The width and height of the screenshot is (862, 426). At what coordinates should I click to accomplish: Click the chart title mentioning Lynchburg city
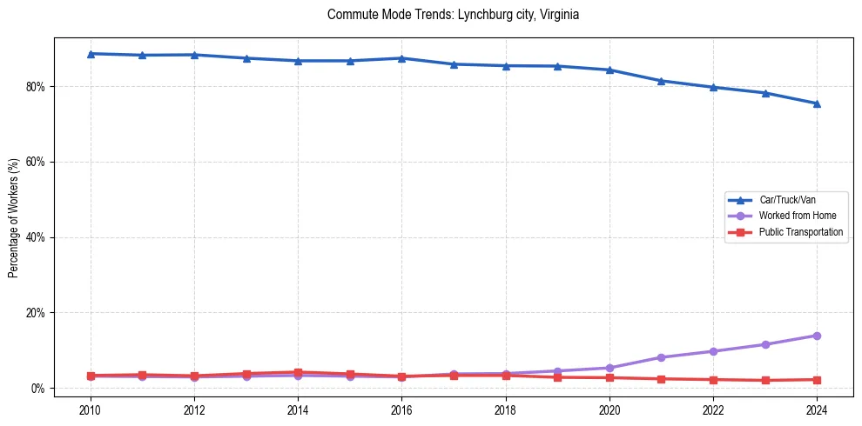pos(453,15)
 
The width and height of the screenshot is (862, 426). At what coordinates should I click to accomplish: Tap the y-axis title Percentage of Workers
pos(14,218)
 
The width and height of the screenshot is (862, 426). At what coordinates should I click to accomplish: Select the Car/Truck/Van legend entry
pos(787,200)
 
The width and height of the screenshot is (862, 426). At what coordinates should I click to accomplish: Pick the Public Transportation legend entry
pos(800,232)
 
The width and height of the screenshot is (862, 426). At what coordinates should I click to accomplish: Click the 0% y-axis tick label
pos(38,389)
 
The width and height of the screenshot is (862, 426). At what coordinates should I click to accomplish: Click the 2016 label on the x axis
pos(401,409)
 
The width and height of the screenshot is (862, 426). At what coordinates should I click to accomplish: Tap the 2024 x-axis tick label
pos(817,409)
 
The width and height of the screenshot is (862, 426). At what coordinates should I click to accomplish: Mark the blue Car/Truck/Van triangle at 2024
pos(817,103)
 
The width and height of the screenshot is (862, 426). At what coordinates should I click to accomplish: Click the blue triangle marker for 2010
pos(91,54)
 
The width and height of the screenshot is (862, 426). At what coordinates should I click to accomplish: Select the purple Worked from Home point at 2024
pos(817,336)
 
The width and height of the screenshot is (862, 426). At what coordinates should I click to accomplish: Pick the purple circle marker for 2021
pos(661,357)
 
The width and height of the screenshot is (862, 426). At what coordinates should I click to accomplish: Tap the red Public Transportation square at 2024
pos(817,380)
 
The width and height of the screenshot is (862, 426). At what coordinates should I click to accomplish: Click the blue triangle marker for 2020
pos(609,70)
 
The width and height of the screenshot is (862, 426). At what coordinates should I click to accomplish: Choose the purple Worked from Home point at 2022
pos(713,351)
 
